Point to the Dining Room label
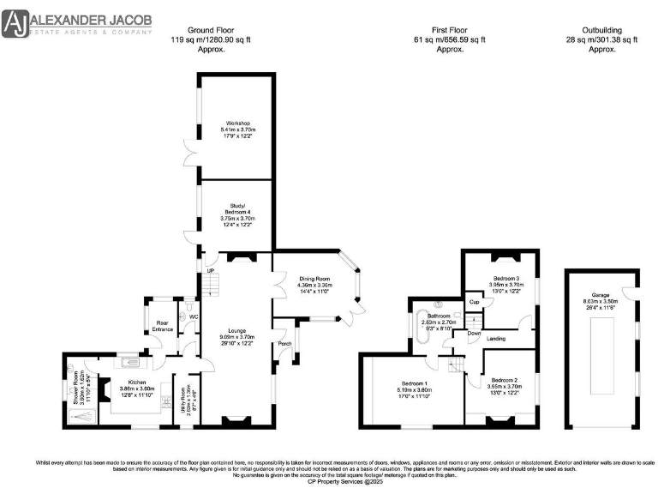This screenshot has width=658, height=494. coord(314,279)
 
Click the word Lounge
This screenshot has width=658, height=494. coord(236,329)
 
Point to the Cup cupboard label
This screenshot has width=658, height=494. coord(473,302)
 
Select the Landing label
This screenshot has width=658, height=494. coord(495,339)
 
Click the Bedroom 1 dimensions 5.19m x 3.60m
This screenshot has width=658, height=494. coord(412,390)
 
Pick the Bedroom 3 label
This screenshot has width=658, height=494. coord(505,279)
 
